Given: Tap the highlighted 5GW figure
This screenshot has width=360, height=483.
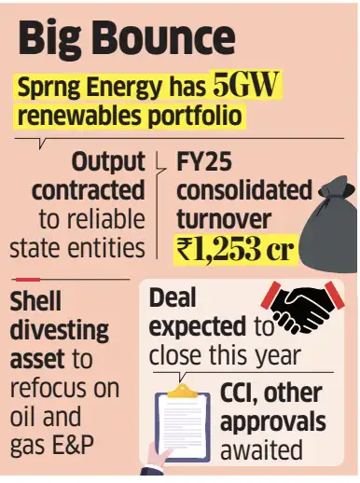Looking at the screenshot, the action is pos(244,84).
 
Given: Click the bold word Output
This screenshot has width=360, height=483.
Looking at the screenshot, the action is pos(108,162).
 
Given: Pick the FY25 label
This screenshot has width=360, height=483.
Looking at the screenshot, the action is pos(204,161).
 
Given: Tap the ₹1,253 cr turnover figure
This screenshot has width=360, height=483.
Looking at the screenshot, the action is pos(235,250).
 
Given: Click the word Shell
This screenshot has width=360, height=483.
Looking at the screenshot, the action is pos(35,300).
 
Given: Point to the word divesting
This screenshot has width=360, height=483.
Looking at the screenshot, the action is pos(59,331).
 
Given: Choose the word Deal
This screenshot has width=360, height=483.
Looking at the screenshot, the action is pos(173,297).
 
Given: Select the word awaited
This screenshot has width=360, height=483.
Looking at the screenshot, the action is pos(261,450).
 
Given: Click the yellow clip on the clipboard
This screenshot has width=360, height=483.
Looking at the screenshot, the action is pos(182,391).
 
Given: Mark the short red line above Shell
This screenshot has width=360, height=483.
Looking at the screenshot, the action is pos(28,280).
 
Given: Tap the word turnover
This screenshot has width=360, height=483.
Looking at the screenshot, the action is pos(224,219).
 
